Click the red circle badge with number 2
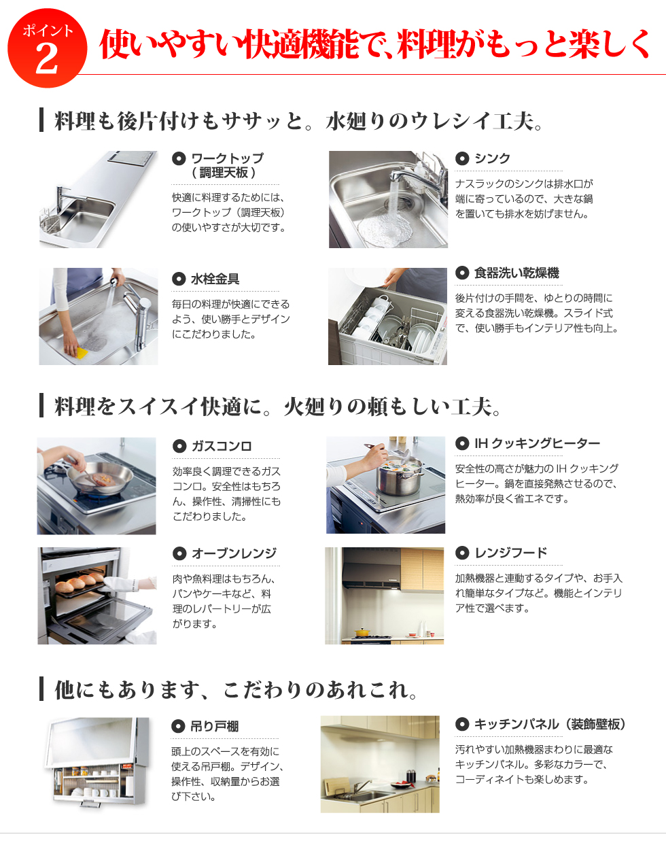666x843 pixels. point(47,48)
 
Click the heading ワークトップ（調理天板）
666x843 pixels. point(227,165)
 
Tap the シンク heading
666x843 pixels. point(492,158)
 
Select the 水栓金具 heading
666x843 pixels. point(215,279)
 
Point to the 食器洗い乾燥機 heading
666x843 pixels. point(516,273)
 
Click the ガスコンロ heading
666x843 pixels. point(222,446)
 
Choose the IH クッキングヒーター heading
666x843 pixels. point(537,443)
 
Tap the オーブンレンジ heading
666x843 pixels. point(234,553)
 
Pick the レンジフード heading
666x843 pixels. point(510,552)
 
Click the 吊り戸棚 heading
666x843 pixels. point(215,726)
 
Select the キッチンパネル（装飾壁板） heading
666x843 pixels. point(550,724)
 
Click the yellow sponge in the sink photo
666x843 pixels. point(82,351)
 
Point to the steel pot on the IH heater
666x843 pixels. point(400,476)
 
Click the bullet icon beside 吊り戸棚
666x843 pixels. point(178,726)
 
